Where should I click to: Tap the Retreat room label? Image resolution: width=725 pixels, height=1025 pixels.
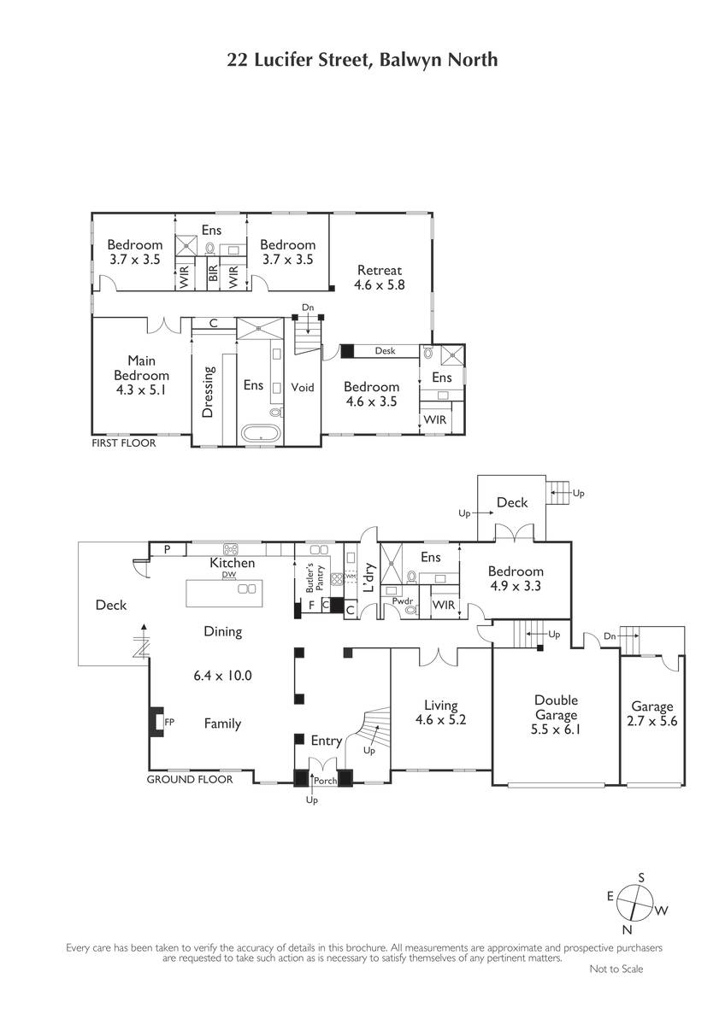click(x=380, y=270)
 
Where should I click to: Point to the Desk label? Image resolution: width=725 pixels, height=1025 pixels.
click(x=385, y=350)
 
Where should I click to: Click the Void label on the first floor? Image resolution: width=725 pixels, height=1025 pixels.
click(x=303, y=387)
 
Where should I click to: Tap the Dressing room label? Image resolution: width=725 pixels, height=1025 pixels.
click(x=208, y=392)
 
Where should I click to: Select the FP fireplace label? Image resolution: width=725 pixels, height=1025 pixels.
click(x=169, y=722)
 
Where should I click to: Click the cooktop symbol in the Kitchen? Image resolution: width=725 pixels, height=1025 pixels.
click(x=230, y=548)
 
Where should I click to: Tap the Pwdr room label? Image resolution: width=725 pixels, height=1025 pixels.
click(x=403, y=600)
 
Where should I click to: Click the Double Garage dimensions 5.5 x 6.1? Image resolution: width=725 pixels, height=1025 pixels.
click(x=556, y=729)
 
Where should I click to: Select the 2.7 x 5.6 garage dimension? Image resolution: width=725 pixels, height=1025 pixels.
click(x=651, y=721)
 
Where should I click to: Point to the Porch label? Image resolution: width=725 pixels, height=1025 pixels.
click(x=326, y=781)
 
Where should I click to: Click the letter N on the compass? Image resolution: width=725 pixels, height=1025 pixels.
click(x=627, y=929)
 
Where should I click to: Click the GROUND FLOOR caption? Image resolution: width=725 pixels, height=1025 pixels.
click(x=190, y=779)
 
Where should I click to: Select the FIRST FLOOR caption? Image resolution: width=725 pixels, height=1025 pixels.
click(x=124, y=443)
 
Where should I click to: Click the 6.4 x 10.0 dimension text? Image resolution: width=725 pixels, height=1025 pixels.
click(x=222, y=676)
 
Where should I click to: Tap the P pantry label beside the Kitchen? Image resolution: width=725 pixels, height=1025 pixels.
click(x=168, y=549)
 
